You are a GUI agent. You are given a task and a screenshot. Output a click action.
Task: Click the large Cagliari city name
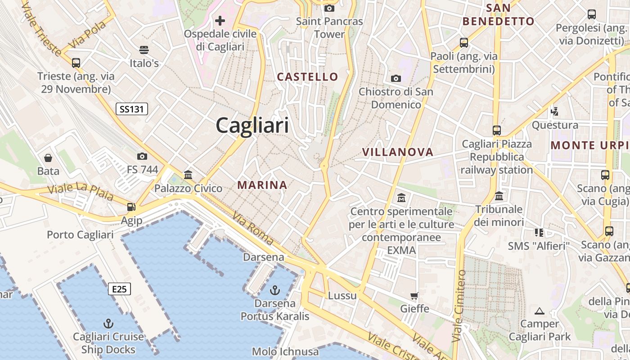pyautogui.click(x=252, y=125)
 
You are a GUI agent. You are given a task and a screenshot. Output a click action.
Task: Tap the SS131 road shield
pyautogui.click(x=132, y=108)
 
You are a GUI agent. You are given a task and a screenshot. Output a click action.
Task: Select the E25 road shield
pyautogui.click(x=119, y=289)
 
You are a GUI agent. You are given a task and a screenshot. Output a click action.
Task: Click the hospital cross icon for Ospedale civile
pyautogui.click(x=220, y=21)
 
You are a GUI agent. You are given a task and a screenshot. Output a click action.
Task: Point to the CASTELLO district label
pyautogui.click(x=307, y=77)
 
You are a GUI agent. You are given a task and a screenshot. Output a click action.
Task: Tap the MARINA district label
pyautogui.click(x=262, y=185)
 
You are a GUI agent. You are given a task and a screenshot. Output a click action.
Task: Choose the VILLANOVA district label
pyautogui.click(x=398, y=152)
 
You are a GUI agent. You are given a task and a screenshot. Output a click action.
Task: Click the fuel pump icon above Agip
pyautogui.click(x=131, y=207)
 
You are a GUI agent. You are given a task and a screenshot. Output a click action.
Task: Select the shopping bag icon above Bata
pyautogui.click(x=48, y=158)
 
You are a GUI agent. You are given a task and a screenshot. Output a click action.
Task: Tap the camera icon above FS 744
pyautogui.click(x=142, y=156)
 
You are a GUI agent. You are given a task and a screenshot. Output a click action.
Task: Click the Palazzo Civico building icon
pyautogui.click(x=188, y=175)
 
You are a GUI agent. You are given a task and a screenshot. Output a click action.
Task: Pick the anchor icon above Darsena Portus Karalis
pyautogui.click(x=274, y=290)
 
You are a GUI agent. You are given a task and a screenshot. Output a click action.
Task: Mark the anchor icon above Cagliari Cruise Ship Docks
pyautogui.click(x=108, y=323)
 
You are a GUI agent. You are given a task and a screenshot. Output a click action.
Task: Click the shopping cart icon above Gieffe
pyautogui.click(x=414, y=296)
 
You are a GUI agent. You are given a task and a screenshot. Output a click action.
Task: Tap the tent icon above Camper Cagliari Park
pyautogui.click(x=540, y=310)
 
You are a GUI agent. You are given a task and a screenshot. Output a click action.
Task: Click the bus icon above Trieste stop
pyautogui.click(x=76, y=63)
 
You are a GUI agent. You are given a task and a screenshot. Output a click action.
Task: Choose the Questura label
pyautogui.click(x=555, y=125)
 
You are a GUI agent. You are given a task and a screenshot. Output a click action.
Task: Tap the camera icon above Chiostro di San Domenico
pyautogui.click(x=396, y=79)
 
